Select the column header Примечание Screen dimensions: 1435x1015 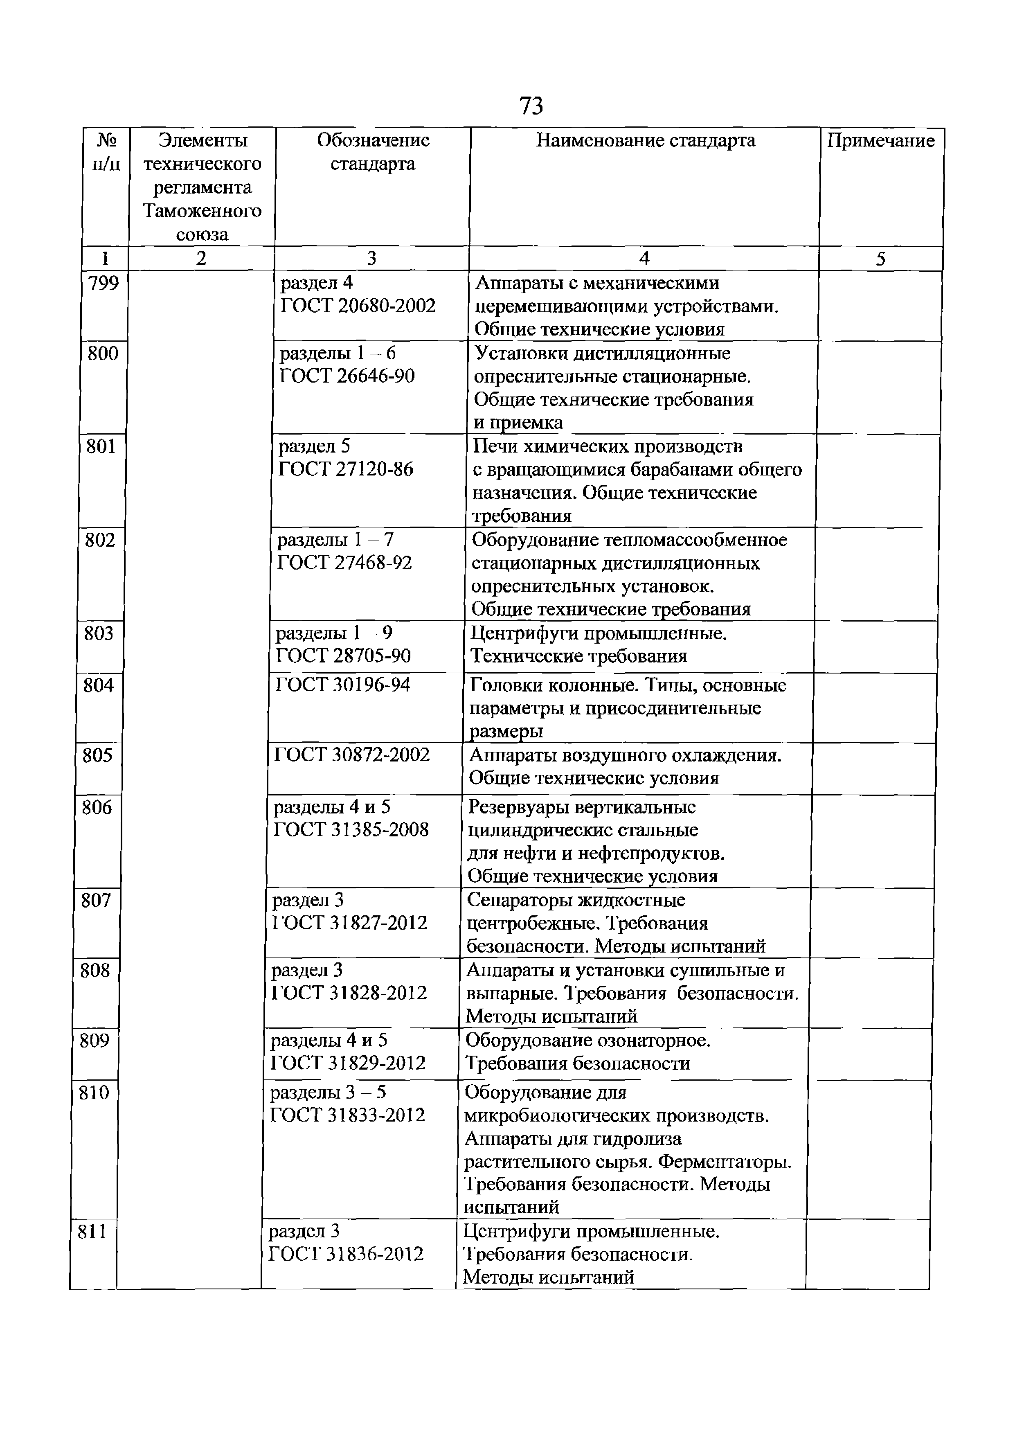pyautogui.click(x=881, y=141)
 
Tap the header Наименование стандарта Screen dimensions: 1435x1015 pyautogui.click(x=645, y=141)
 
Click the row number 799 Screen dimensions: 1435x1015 pyautogui.click(x=104, y=283)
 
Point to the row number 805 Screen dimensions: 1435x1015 pyautogui.click(x=97, y=756)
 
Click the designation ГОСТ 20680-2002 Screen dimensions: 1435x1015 pyautogui.click(x=358, y=306)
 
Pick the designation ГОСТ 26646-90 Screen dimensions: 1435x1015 pyautogui.click(x=347, y=376)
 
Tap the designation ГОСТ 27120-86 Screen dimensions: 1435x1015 pyautogui.click(x=346, y=469)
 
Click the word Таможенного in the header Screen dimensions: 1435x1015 pyautogui.click(x=202, y=211)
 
